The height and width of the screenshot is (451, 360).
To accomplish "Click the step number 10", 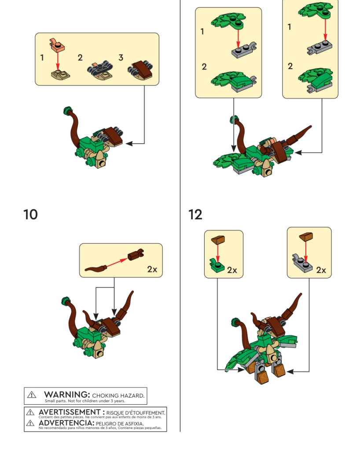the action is tap(30, 214).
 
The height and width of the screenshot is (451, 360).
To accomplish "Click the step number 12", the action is tap(195, 214).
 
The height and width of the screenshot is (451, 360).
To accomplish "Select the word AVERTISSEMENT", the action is tap(70, 412).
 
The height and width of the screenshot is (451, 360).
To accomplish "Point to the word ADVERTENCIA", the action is tap(66, 423).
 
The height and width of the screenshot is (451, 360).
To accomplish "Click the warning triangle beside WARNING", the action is tap(32, 395).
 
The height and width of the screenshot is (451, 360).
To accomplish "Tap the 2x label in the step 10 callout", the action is tap(152, 269).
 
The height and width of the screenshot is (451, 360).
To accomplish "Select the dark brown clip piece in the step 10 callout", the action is tap(136, 254).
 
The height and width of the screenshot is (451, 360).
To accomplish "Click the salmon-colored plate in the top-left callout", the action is tap(57, 45).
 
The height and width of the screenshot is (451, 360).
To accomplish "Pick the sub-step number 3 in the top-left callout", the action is tap(121, 58).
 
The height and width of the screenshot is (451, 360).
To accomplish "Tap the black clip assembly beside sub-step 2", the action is tap(100, 69).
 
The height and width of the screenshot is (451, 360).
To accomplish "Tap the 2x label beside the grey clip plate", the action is tap(321, 270).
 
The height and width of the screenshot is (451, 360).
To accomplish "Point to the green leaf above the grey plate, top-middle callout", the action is tap(229, 21).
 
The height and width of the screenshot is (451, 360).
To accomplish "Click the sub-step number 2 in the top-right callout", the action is tap(290, 66).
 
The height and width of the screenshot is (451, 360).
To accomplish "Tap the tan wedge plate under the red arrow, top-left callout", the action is tap(60, 75).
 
